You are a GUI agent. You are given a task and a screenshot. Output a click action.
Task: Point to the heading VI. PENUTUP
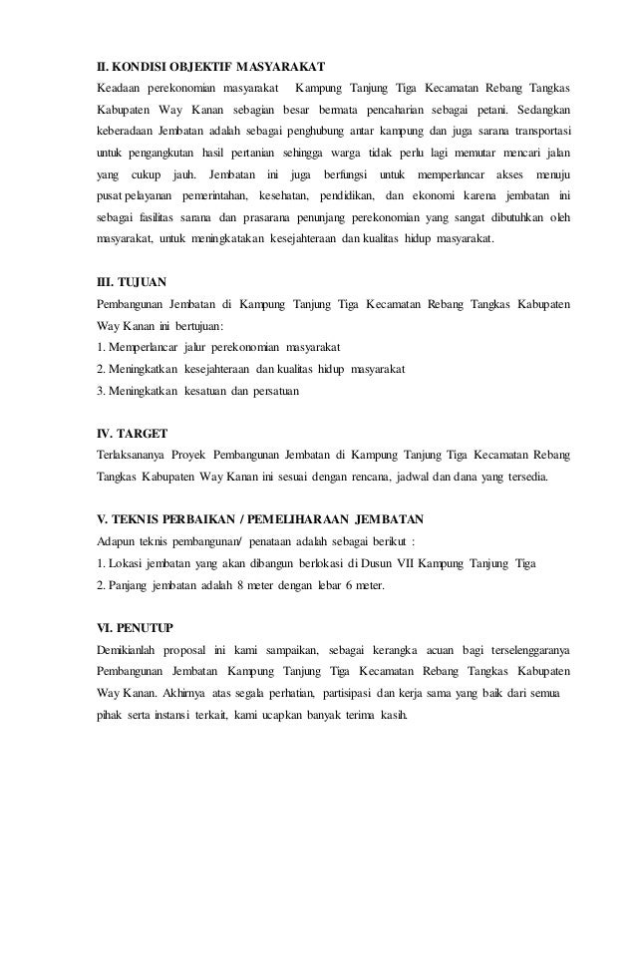point(135,627)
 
